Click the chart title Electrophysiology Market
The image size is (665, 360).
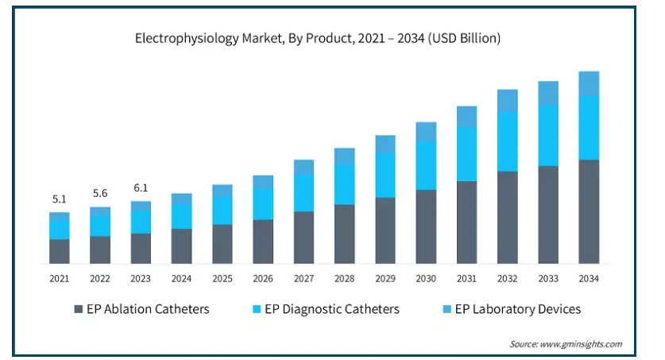coord(318,37)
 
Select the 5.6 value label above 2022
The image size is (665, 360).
coord(100,194)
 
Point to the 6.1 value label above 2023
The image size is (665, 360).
coord(141,188)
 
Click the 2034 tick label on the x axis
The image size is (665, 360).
coord(589,279)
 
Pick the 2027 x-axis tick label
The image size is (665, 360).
coord(304,279)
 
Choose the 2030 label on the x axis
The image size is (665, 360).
coord(426,279)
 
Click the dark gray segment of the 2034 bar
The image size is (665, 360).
coord(589,211)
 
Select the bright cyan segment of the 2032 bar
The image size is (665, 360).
coord(507,141)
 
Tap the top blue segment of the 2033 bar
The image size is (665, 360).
coord(548,93)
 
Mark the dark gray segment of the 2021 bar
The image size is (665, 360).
coord(59,251)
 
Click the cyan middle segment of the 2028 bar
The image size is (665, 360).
coord(344,184)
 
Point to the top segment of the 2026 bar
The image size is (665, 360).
coord(263,182)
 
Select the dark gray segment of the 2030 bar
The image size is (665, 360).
coord(426,226)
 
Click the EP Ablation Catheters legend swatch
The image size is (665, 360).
coord(78,309)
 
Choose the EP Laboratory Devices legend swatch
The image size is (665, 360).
coord(447,309)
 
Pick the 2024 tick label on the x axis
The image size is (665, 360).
coord(181,279)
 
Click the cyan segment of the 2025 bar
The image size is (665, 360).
coord(222,211)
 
